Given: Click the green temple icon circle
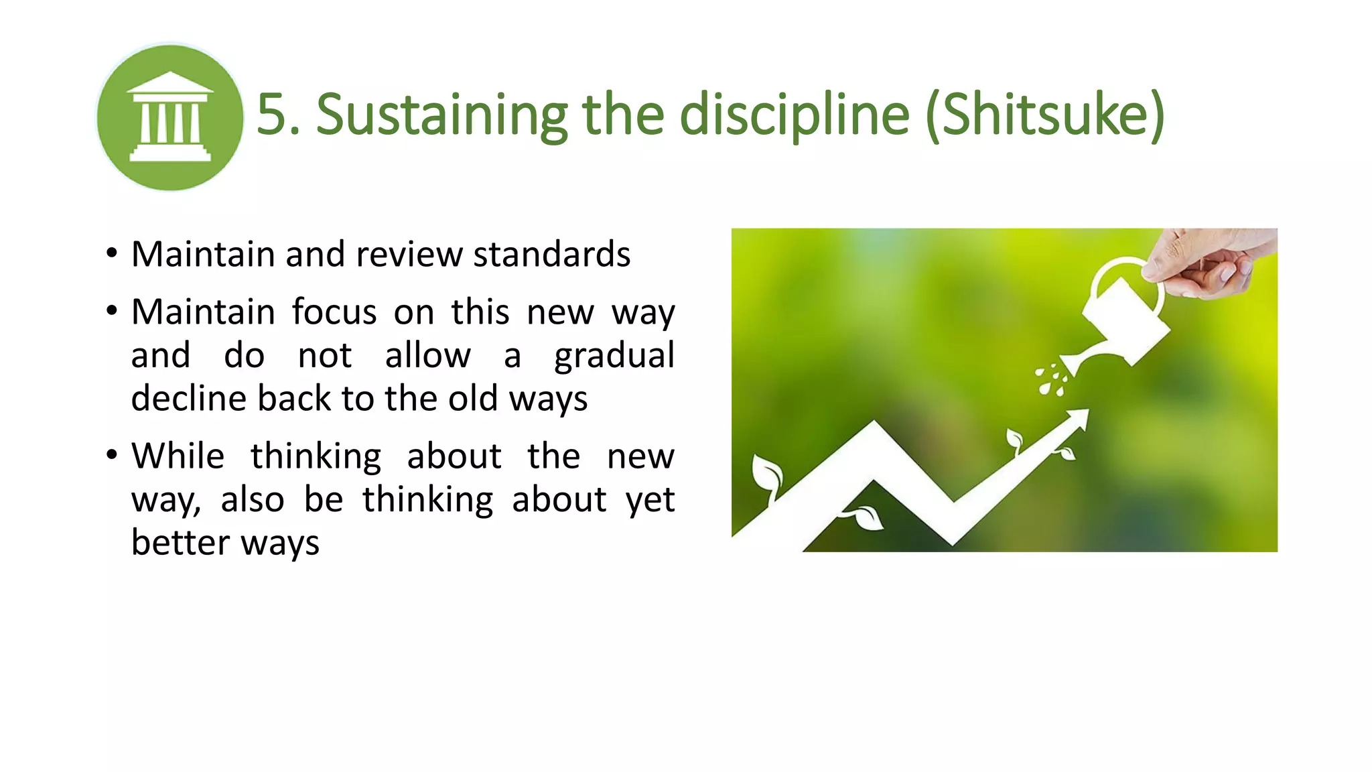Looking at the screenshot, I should coord(170,117).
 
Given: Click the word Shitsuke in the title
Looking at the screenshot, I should coord(1045,115).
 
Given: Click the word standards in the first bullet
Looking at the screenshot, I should coord(551,255).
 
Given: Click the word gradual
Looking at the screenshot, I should coord(614,356).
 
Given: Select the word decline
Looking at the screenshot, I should coord(188,399).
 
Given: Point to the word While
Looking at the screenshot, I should coord(178,456).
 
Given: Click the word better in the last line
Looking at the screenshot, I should coord(180,542).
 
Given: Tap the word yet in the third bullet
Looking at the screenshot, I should coord(650,500).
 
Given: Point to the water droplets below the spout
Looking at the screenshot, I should coord(1051,379).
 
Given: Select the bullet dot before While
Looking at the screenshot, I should coord(112,456).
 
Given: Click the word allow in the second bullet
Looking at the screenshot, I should coord(427,356).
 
